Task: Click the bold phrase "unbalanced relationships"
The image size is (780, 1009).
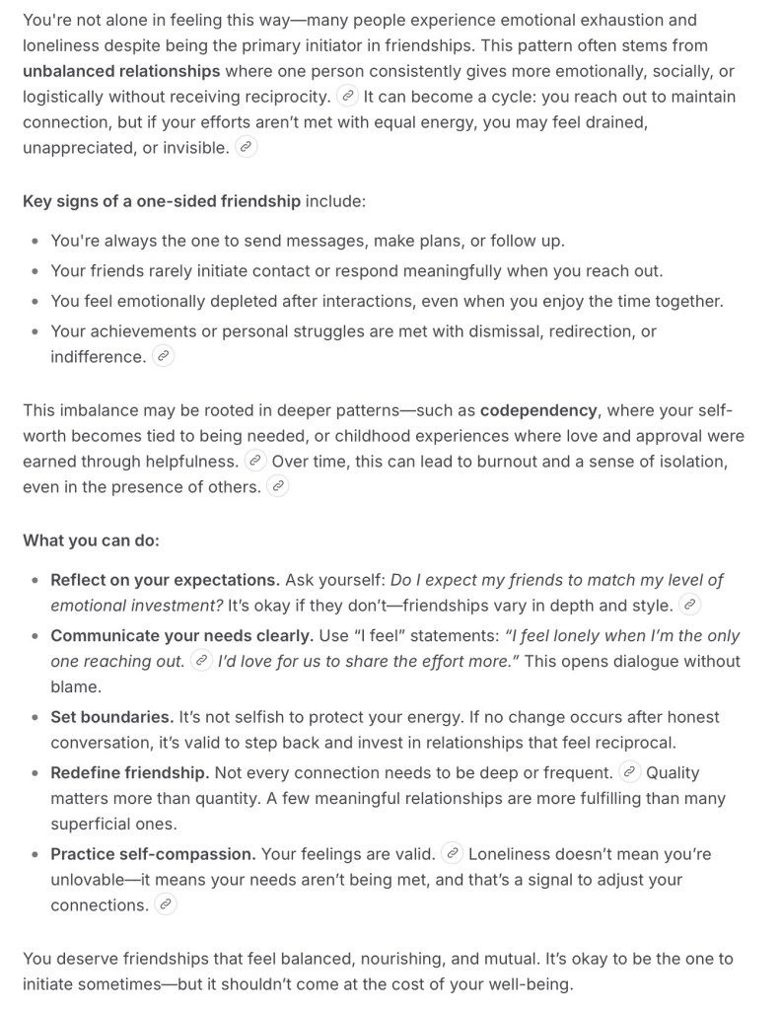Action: pos(121,71)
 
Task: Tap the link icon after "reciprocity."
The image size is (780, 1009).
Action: pos(346,97)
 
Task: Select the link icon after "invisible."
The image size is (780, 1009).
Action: pos(247,147)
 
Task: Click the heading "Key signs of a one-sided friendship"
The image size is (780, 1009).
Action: pos(162,200)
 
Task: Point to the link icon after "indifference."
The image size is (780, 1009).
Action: pos(164,356)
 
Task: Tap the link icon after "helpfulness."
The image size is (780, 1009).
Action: pos(255,461)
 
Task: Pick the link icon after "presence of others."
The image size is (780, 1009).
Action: pos(278,486)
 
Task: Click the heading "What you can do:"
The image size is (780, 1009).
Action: pos(91,540)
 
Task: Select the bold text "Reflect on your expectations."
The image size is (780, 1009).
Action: pos(165,580)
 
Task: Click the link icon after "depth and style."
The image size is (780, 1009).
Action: pos(690,605)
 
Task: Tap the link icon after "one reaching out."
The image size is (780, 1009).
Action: pos(201,660)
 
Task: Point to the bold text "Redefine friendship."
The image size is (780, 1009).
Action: pos(129,772)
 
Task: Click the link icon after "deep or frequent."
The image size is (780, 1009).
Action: pos(629,772)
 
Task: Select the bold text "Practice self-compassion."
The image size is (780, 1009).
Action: pos(153,853)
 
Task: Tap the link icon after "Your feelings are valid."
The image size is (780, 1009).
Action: pos(452,853)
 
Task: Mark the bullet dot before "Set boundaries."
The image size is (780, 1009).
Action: pos(36,718)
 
